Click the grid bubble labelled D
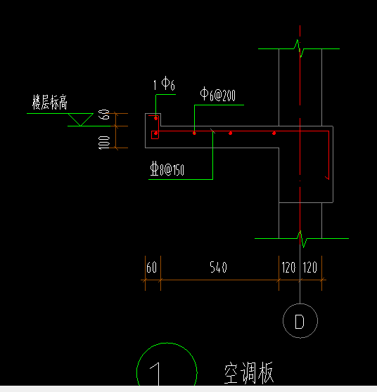300,322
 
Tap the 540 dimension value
219,268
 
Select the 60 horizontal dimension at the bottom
151,268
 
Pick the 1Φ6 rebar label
164,85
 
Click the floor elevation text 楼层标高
50,103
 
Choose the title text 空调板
248,373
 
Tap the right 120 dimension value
311,268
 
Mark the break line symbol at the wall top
300,48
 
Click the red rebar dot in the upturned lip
156,118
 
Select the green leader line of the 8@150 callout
212,155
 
